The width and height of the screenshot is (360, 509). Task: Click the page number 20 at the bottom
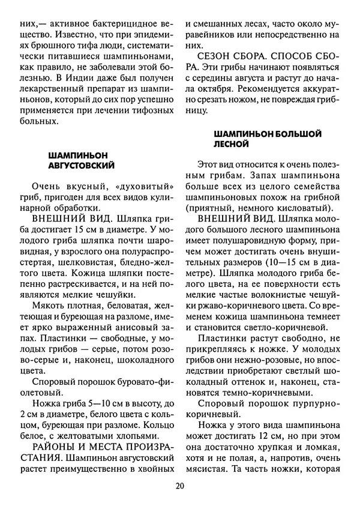[179, 486]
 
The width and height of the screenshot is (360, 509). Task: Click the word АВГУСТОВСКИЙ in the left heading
[81, 164]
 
